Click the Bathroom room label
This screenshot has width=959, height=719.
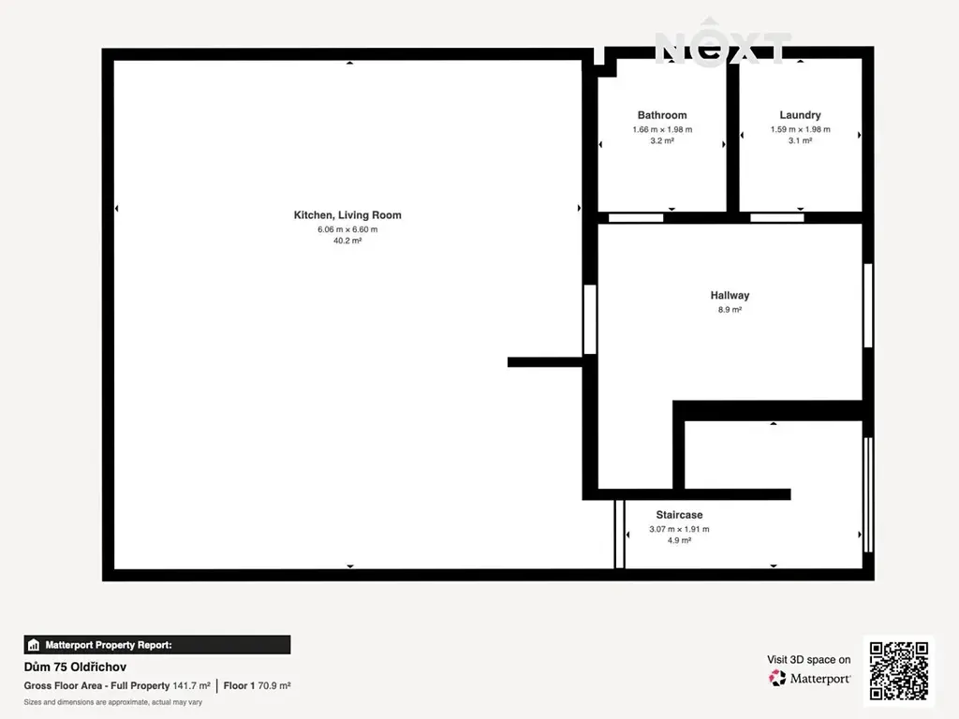pos(662,115)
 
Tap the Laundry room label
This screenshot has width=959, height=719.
pos(800,115)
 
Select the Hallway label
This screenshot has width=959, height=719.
pos(730,295)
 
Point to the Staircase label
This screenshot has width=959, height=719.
pos(679,515)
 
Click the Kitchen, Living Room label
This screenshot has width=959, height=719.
pos(347,215)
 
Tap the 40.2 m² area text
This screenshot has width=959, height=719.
pos(347,241)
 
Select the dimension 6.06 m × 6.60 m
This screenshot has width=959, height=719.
pos(347,229)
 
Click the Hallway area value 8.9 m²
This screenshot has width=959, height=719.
pos(730,309)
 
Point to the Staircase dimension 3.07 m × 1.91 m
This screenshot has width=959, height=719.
pos(679,529)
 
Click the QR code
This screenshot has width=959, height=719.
pos(898,670)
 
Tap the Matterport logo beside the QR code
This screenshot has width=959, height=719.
pos(809,678)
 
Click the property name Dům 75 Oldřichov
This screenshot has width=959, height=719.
pos(75,667)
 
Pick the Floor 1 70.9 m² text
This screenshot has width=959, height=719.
pos(257,686)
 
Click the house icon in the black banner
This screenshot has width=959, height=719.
pos(34,645)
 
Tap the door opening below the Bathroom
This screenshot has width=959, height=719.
pos(636,217)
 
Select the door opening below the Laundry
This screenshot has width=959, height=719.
pos(776,217)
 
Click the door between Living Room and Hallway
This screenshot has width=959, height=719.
pos(590,319)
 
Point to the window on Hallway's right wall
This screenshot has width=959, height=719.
pos(868,306)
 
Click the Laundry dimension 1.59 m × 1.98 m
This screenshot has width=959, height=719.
pos(800,129)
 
